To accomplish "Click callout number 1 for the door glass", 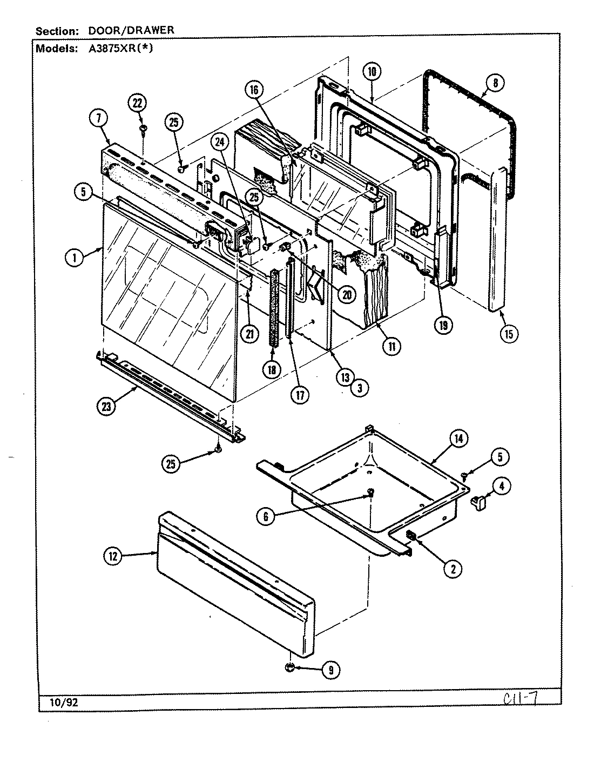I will (x=75, y=258).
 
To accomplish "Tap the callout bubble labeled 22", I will (x=139, y=103).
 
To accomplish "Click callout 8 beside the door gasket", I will (x=495, y=83).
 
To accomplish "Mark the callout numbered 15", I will (x=508, y=333).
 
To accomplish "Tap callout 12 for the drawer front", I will (x=114, y=556).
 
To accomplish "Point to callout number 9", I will (x=330, y=670).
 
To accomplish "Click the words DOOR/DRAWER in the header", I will (x=131, y=30).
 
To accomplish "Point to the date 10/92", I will (x=59, y=703).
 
